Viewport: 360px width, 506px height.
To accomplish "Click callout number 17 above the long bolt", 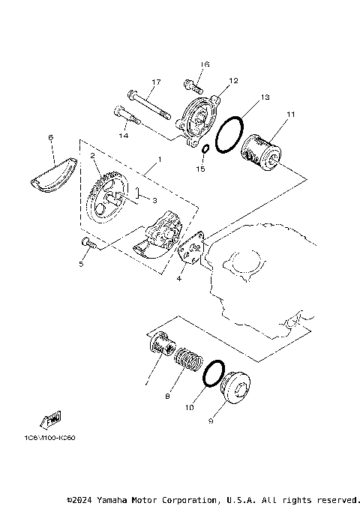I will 157,82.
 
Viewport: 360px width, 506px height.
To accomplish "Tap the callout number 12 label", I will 232,80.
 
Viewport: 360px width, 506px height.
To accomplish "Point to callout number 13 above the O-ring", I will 265,97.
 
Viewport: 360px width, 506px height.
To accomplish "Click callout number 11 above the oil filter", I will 289,114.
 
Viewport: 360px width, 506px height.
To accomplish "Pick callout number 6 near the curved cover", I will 50,137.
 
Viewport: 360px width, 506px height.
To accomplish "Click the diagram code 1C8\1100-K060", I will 50,439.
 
